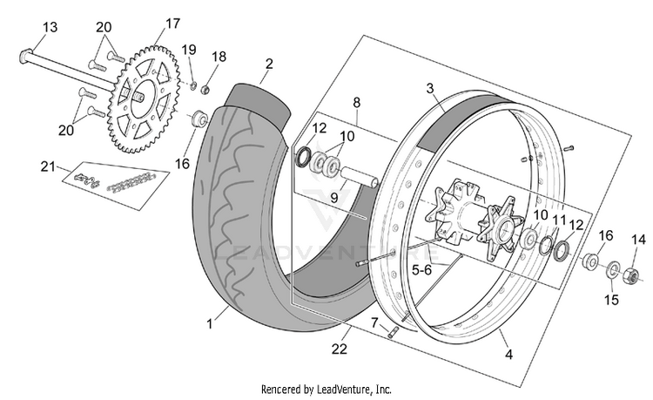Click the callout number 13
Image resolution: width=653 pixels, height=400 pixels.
pos(50,28)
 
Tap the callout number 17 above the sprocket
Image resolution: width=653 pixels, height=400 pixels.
pos(172,24)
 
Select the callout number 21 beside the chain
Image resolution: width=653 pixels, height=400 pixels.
pos(48,166)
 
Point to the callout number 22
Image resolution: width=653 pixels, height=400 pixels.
pos(340,349)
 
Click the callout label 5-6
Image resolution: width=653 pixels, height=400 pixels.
pos(422,270)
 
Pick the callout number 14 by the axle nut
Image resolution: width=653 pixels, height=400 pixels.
pos(638,240)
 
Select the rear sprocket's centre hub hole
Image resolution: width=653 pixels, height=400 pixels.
pos(138,98)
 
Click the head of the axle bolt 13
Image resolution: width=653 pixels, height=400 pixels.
pos(27,56)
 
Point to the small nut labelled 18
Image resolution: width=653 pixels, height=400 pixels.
pos(205,90)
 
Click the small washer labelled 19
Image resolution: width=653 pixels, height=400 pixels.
pos(193,85)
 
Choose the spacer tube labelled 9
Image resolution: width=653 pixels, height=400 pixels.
pos(360,177)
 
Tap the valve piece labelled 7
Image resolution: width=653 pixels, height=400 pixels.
pos(393,333)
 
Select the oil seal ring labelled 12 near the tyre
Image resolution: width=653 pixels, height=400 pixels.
pos(303,157)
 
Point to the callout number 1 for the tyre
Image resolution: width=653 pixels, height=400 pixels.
pos(210,324)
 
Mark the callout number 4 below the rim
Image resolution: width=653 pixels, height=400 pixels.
pos(508,354)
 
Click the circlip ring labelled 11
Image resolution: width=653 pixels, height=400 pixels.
pos(547,246)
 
